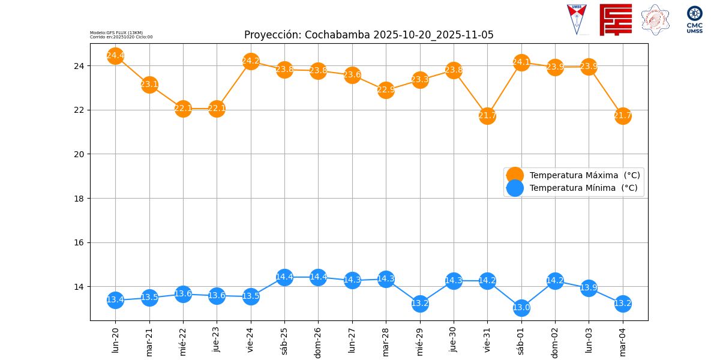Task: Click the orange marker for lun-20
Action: [x=115, y=56]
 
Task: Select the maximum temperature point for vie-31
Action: [x=487, y=116]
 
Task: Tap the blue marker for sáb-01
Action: [x=521, y=308]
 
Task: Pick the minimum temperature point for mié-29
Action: [x=420, y=304]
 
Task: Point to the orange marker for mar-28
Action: [x=386, y=90]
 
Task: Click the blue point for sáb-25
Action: [x=284, y=277]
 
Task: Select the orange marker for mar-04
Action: [x=623, y=116]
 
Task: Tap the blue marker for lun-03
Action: [x=589, y=288]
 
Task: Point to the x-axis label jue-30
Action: [x=454, y=340]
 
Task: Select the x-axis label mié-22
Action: [x=183, y=341]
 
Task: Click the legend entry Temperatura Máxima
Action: [x=584, y=175]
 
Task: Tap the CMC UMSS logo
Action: [x=695, y=20]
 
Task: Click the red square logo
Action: [x=616, y=20]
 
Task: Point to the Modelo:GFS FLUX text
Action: [x=116, y=32]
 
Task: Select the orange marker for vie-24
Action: [x=251, y=61]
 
